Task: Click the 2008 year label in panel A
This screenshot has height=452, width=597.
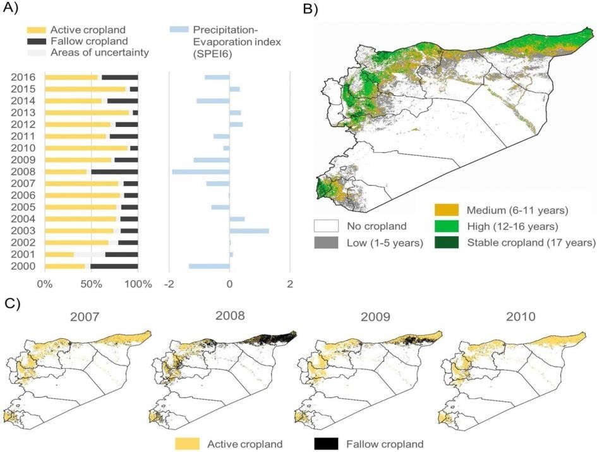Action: click(x=21, y=172)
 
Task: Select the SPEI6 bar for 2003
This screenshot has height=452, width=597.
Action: click(x=249, y=231)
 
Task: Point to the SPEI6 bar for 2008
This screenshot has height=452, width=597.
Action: click(x=201, y=172)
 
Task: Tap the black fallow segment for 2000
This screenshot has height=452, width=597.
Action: click(x=114, y=266)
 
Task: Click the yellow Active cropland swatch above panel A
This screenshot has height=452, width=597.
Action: click(x=35, y=30)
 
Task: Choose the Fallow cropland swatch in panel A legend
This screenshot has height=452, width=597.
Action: click(x=35, y=41)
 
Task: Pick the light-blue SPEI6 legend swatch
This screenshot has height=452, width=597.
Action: click(x=179, y=30)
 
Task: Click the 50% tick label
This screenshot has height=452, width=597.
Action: click(x=92, y=284)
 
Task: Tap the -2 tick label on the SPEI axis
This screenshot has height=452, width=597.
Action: click(x=170, y=284)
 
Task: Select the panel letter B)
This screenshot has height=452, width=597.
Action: click(x=311, y=9)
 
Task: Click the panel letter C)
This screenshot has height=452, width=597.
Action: click(x=12, y=303)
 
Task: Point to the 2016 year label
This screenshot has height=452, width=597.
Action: click(x=21, y=78)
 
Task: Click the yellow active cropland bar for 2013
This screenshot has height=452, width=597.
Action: click(x=87, y=112)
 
